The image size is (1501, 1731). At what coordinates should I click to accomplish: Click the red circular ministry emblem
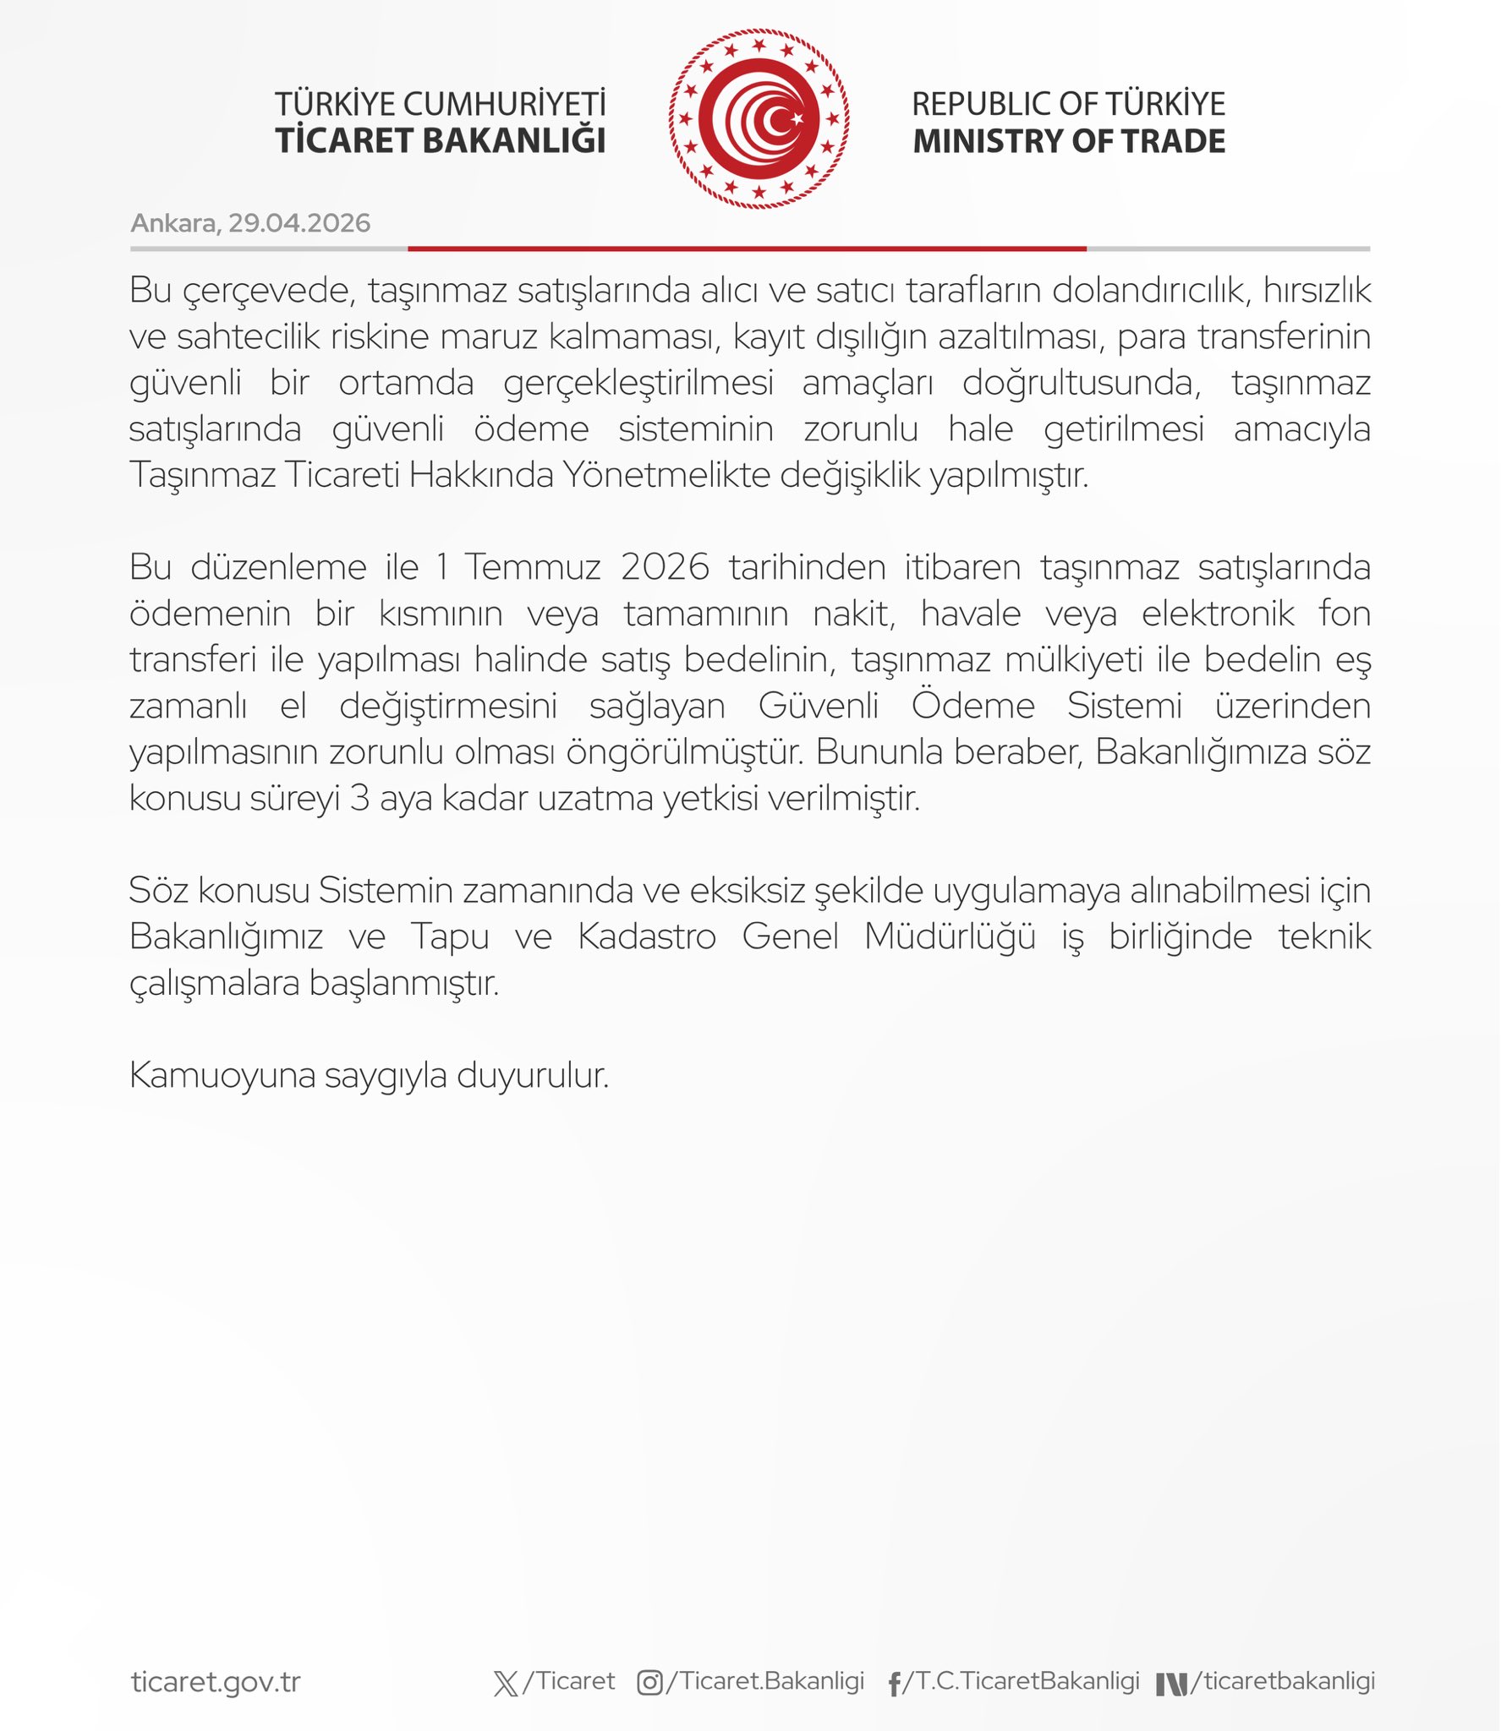click(759, 119)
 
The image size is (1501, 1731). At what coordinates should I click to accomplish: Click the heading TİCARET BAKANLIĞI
click(440, 141)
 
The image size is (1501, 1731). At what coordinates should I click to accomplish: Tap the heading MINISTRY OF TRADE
click(1069, 141)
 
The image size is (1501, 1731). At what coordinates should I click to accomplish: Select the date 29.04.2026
click(299, 223)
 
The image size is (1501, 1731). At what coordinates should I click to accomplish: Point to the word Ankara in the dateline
click(173, 223)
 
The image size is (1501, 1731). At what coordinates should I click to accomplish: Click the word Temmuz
click(532, 567)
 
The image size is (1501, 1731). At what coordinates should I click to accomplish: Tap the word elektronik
click(1218, 614)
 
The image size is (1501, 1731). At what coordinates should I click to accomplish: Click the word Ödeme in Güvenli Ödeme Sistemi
click(972, 706)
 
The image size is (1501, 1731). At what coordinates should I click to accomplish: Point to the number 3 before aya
click(359, 798)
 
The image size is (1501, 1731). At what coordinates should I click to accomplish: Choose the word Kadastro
click(647, 936)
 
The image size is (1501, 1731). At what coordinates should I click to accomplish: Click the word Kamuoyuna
click(222, 1075)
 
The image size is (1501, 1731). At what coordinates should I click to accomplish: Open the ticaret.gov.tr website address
click(216, 1682)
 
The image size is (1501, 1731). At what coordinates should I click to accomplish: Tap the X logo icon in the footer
click(506, 1683)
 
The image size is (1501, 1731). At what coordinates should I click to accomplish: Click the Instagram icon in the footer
click(649, 1683)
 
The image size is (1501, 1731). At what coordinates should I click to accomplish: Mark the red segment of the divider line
click(747, 248)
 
